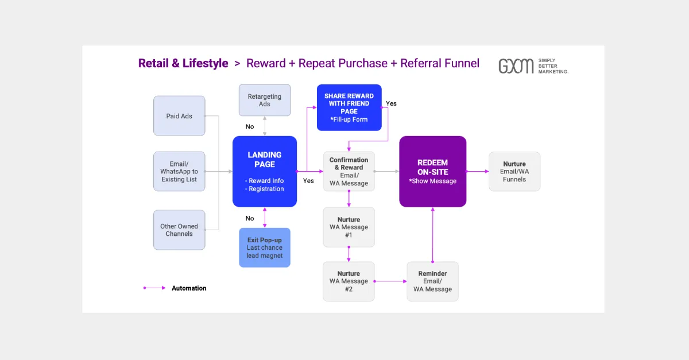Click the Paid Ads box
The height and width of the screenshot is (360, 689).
(x=179, y=116)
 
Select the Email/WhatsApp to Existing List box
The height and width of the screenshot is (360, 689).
(x=179, y=171)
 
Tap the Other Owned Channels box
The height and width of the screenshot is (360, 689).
(x=179, y=230)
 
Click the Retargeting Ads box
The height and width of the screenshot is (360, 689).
(x=265, y=100)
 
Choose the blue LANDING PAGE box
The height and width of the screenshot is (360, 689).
(x=265, y=171)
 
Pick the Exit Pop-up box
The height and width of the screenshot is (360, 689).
(x=265, y=247)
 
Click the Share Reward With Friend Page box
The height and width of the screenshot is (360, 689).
(x=349, y=107)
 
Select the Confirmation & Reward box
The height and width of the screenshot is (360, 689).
(x=349, y=171)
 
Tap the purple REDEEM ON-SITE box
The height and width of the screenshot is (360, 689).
(x=433, y=171)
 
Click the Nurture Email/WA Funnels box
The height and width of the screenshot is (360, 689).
(x=514, y=171)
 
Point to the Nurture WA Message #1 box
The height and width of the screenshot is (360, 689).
(x=349, y=227)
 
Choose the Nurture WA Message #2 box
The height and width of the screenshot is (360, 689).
(x=349, y=281)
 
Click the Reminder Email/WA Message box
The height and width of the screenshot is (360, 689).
(x=433, y=281)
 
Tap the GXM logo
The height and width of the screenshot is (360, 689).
(x=516, y=66)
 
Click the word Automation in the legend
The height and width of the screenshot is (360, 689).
(x=189, y=288)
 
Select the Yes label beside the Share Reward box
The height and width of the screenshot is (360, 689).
(x=391, y=103)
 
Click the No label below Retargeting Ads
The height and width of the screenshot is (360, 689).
(x=250, y=127)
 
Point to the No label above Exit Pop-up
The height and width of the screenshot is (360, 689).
(x=250, y=218)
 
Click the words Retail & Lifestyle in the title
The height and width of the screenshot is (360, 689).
(x=183, y=63)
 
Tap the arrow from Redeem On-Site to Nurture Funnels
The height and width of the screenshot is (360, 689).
(x=477, y=171)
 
